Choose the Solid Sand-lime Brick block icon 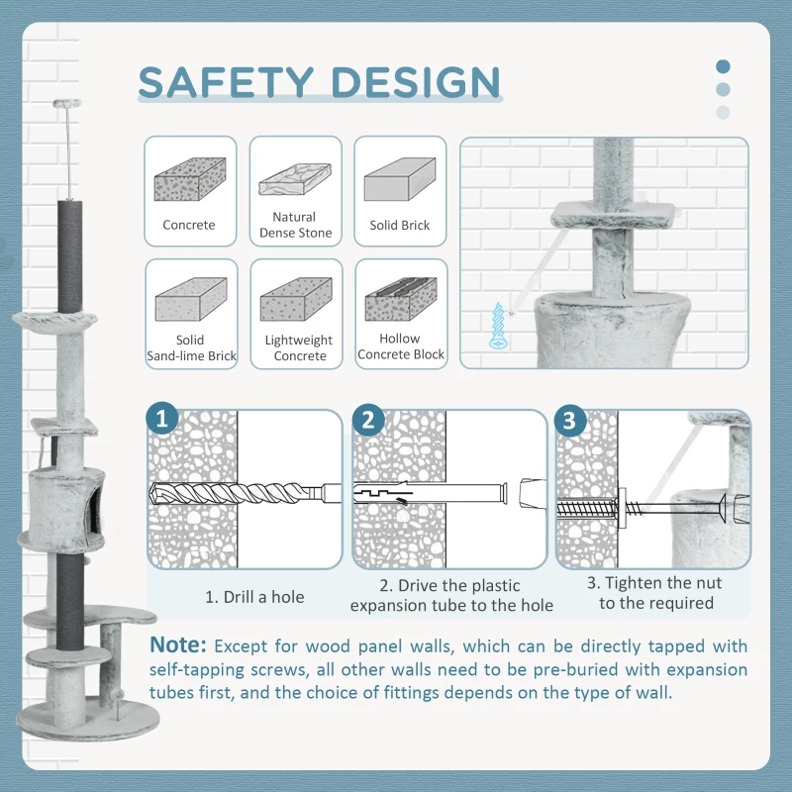tap(190, 299)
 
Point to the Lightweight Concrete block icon tap(295, 299)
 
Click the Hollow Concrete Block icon tap(400, 299)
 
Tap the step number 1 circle tap(162, 420)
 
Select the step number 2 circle tap(367, 420)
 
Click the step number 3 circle tap(568, 420)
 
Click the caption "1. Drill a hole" tap(254, 597)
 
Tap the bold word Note tap(178, 645)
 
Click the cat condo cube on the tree tap(67, 495)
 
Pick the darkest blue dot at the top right tap(723, 67)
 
